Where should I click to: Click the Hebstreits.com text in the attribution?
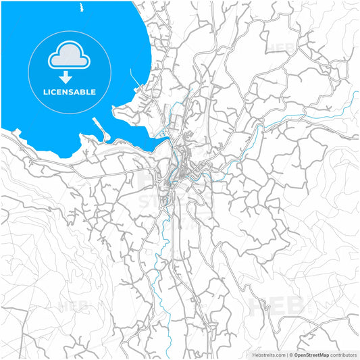pyautogui.click(x=265, y=353)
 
